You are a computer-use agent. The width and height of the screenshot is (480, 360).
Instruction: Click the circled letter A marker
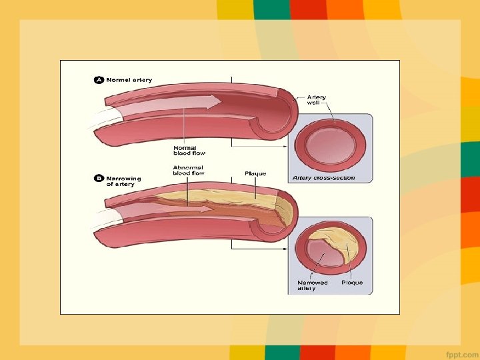pyautogui.click(x=98, y=80)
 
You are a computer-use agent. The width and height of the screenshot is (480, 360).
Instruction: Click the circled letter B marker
pyautogui.click(x=98, y=179)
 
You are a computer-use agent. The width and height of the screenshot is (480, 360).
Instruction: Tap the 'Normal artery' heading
pyautogui.click(x=129, y=80)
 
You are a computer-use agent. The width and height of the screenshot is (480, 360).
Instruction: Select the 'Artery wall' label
pyautogui.click(x=317, y=101)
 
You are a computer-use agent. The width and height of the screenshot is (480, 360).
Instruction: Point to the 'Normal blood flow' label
pyautogui.click(x=189, y=150)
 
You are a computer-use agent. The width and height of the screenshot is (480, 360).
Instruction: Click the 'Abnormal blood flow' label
pyautogui.click(x=188, y=170)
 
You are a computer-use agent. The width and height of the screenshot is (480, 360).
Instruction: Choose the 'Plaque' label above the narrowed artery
pyautogui.click(x=255, y=173)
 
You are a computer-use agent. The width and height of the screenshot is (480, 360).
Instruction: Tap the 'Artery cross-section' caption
pyautogui.click(x=323, y=178)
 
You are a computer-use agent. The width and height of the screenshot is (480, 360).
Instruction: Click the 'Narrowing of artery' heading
pyautogui.click(x=124, y=181)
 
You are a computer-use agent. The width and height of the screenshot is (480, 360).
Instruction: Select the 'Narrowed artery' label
pyautogui.click(x=313, y=285)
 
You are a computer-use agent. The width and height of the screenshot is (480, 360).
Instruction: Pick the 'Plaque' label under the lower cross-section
pyautogui.click(x=352, y=283)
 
